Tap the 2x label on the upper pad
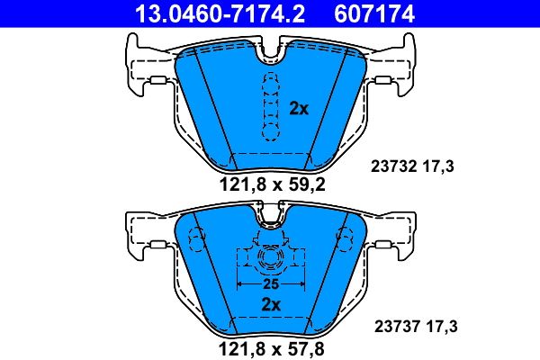(299, 109)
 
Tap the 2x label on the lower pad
(269, 304)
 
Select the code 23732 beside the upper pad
(391, 165)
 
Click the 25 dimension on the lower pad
(267, 283)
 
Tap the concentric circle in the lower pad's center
(267, 260)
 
